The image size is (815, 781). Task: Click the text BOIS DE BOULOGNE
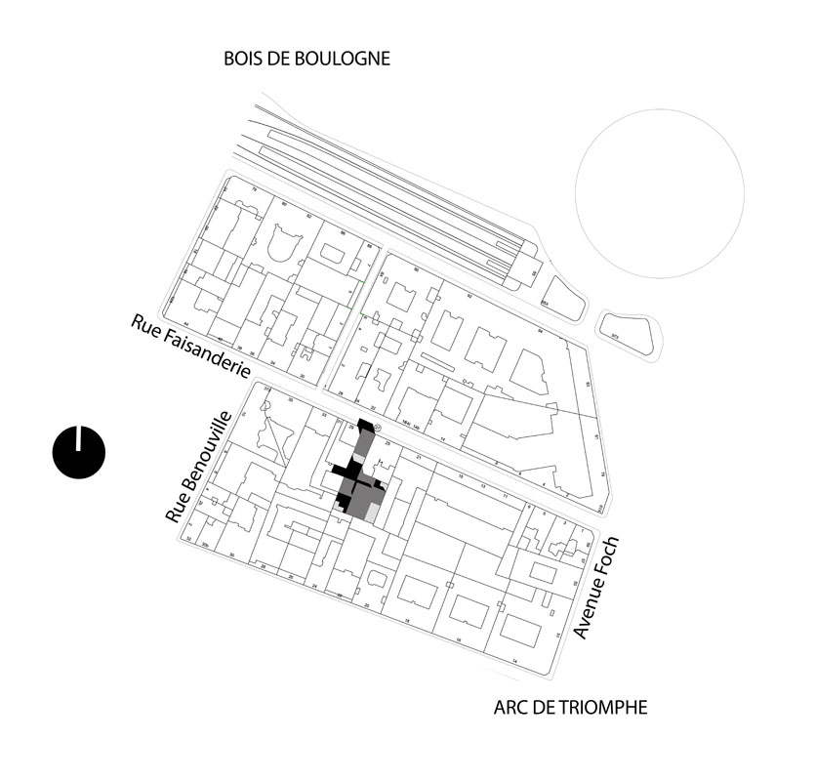coord(306,59)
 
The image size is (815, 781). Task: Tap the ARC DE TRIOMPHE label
coord(570,708)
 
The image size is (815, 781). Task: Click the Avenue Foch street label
coord(596,588)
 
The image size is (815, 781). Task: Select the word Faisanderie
coord(207,355)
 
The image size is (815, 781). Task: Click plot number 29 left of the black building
coord(353,427)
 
